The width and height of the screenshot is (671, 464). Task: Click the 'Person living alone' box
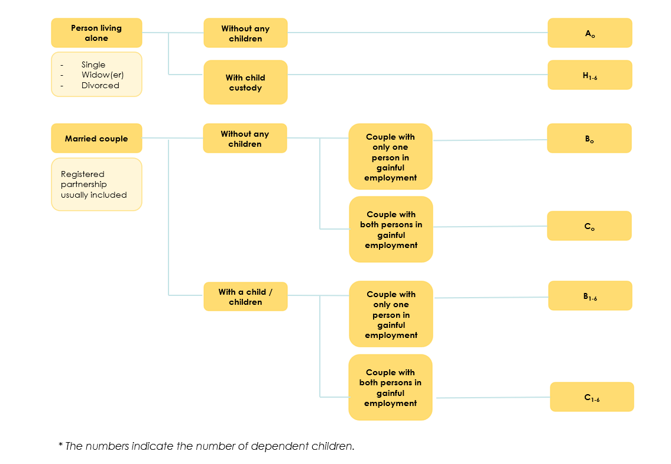[x=96, y=33]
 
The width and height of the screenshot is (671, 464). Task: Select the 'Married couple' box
[x=96, y=138]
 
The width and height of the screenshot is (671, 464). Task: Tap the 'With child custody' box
[x=245, y=82]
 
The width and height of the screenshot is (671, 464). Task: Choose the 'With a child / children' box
[x=245, y=297]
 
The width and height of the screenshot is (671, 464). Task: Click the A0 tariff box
[x=589, y=33]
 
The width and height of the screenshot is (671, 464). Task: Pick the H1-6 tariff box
[x=589, y=75]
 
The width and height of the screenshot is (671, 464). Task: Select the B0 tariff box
[x=589, y=138]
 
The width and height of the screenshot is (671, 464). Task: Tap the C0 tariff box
[x=589, y=226]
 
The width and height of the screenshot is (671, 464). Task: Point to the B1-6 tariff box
[x=590, y=296]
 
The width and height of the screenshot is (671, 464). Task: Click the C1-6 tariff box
[x=592, y=397]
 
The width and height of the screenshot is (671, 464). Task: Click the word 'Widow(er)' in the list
[x=103, y=75]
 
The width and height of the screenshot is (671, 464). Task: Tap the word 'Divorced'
[x=101, y=85]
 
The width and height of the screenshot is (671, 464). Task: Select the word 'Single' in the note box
[x=93, y=65]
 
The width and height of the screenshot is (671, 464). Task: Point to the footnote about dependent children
[x=207, y=446]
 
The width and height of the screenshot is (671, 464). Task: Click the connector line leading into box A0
[x=417, y=33]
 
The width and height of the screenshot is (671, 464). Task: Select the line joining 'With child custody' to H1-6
[x=417, y=75]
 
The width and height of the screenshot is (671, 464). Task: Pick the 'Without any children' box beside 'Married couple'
[x=245, y=138]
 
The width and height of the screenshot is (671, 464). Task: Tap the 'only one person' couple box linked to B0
[x=390, y=157]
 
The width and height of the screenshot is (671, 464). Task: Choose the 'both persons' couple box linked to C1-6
[x=390, y=387]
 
